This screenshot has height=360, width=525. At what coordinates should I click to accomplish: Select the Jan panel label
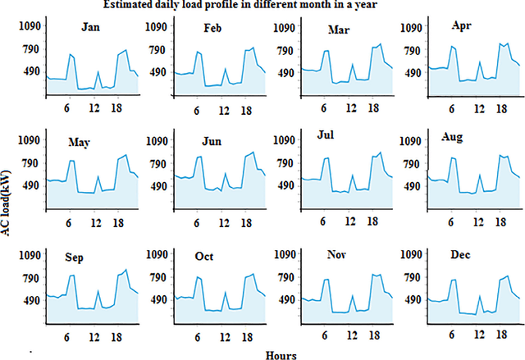92,28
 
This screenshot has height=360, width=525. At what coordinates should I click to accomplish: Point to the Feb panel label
213,30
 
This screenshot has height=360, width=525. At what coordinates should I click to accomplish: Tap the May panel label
80,143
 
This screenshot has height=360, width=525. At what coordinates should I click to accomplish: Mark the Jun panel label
211,141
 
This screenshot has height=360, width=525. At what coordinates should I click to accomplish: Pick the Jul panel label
326,134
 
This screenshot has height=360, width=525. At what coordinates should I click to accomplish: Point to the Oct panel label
205,257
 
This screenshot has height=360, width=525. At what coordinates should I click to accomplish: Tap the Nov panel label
335,255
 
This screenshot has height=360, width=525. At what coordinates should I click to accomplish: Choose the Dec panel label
461,255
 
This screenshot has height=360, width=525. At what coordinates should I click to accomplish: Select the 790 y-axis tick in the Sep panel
30,277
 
